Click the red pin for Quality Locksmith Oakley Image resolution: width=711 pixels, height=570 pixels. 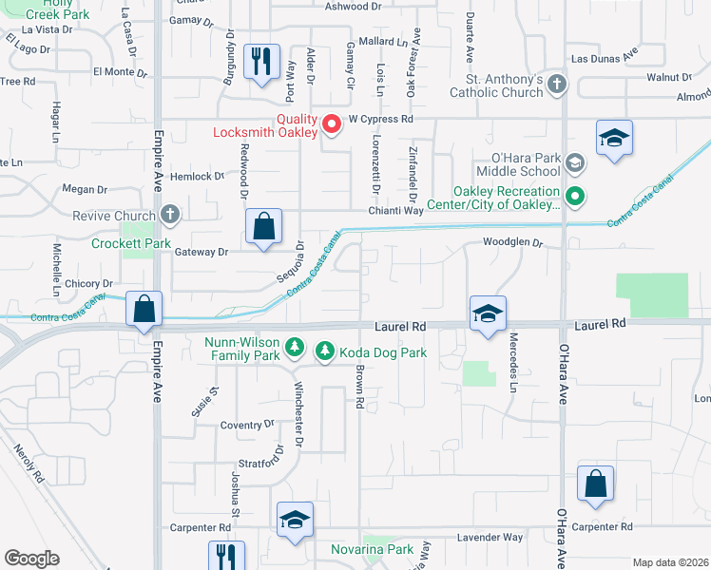click(332, 124)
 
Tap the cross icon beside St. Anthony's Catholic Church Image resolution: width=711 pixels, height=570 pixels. click(557, 85)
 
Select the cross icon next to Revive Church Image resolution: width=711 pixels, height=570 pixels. click(170, 216)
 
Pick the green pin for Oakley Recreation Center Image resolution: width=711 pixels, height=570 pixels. click(574, 198)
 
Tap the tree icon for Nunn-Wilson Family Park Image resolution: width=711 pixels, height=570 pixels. click(295, 348)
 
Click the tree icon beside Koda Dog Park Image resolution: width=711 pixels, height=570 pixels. click(324, 352)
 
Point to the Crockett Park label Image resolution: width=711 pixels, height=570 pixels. click(130, 243)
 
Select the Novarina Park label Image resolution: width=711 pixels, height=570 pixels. click(372, 549)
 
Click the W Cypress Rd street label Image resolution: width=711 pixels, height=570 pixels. click(380, 120)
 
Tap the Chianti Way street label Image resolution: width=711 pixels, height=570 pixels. click(396, 211)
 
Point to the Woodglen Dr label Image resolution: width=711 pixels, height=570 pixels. click(511, 243)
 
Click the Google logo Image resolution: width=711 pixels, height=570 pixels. click(31, 559)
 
